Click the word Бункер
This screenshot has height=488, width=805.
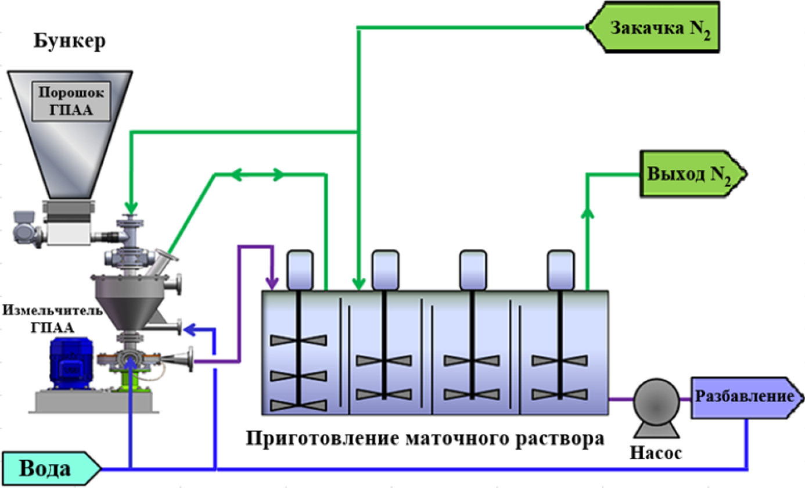(70, 42)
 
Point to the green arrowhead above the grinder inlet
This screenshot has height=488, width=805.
(131, 207)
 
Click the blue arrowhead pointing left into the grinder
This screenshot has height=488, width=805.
(190, 330)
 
